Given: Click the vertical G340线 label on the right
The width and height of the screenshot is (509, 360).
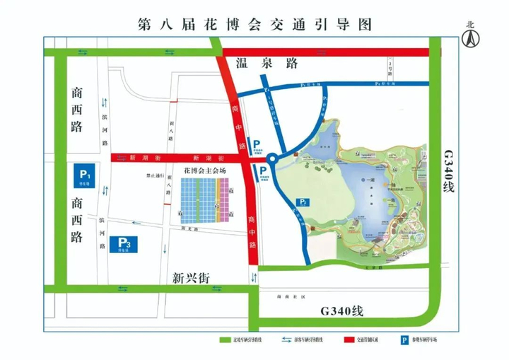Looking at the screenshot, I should pos(448,174).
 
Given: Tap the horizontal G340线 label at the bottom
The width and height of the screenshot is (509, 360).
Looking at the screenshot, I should pos(341,310).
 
